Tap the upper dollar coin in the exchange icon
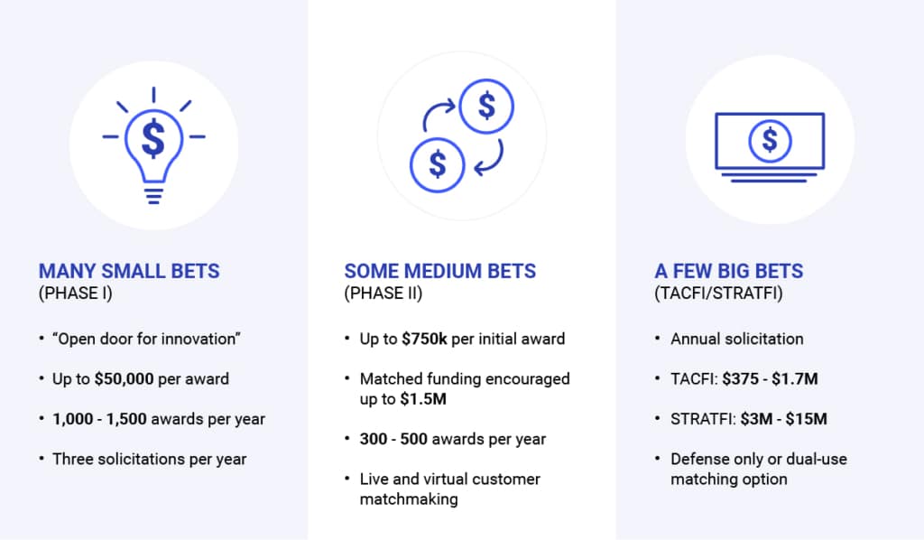pyautogui.click(x=486, y=107)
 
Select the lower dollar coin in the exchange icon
pyautogui.click(x=438, y=164)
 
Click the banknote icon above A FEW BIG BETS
pyautogui.click(x=770, y=147)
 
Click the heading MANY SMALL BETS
pyautogui.click(x=129, y=271)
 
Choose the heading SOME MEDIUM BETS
pyautogui.click(x=440, y=271)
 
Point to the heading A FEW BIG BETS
pyautogui.click(x=729, y=271)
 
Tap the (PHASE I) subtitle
pyautogui.click(x=76, y=293)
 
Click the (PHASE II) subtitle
pyautogui.click(x=383, y=293)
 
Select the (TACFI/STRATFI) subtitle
pyautogui.click(x=719, y=293)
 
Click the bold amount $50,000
pyautogui.click(x=125, y=378)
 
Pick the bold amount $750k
pyautogui.click(x=424, y=339)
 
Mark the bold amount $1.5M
pyautogui.click(x=423, y=399)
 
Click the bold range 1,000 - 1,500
pyautogui.click(x=99, y=419)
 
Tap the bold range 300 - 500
pyautogui.click(x=393, y=439)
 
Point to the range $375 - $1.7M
pyautogui.click(x=771, y=378)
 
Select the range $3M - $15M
pyautogui.click(x=784, y=419)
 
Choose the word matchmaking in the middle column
pyautogui.click(x=409, y=499)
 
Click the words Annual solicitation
pyautogui.click(x=737, y=339)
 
